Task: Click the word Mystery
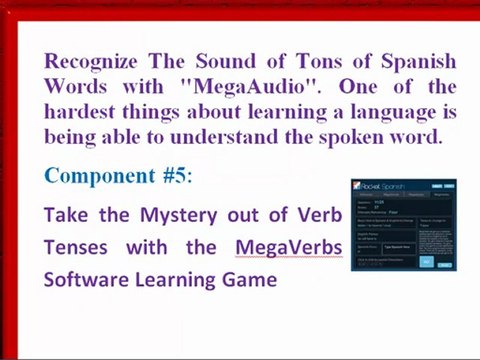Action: [x=142, y=215]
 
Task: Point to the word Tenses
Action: [x=76, y=247]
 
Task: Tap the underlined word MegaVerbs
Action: [x=289, y=247]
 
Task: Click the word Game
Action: [x=250, y=279]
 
